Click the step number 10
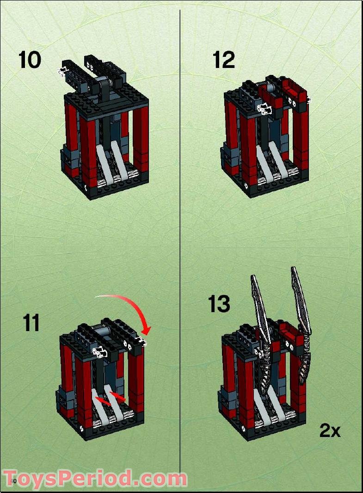[x=30, y=60]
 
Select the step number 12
[x=224, y=60]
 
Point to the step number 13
[x=219, y=304]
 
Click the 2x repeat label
[x=330, y=431]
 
